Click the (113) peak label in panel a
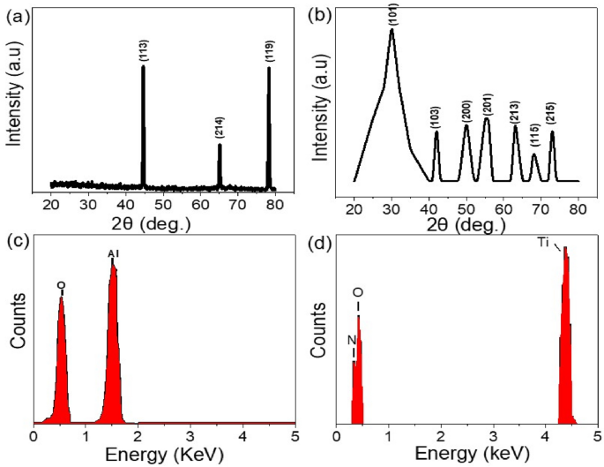click(143, 52)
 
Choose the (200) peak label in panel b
click(466, 110)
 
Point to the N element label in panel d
click(351, 338)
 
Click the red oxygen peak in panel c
click(61, 371)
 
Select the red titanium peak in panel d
click(565, 353)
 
